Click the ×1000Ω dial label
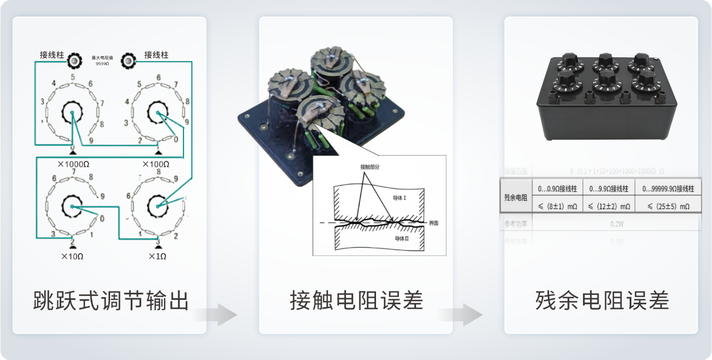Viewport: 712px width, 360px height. pyautogui.click(x=73, y=164)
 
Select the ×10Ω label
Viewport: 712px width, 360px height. pyautogui.click(x=72, y=257)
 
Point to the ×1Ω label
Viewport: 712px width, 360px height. pyautogui.click(x=157, y=257)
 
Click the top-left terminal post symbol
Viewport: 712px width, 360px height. pyautogui.click(x=73, y=60)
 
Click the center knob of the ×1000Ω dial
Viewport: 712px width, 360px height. pyautogui.click(x=72, y=114)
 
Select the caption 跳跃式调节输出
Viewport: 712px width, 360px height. pyautogui.click(x=111, y=300)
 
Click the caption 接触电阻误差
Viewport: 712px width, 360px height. pyautogui.click(x=357, y=300)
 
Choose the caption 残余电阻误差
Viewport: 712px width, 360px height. pyautogui.click(x=602, y=300)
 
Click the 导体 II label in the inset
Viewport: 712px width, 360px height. pyautogui.click(x=402, y=238)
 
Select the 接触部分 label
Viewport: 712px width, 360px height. pyautogui.click(x=370, y=166)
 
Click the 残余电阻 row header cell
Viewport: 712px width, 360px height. pyautogui.click(x=516, y=197)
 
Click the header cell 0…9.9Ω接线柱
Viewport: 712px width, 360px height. pyautogui.click(x=609, y=189)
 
